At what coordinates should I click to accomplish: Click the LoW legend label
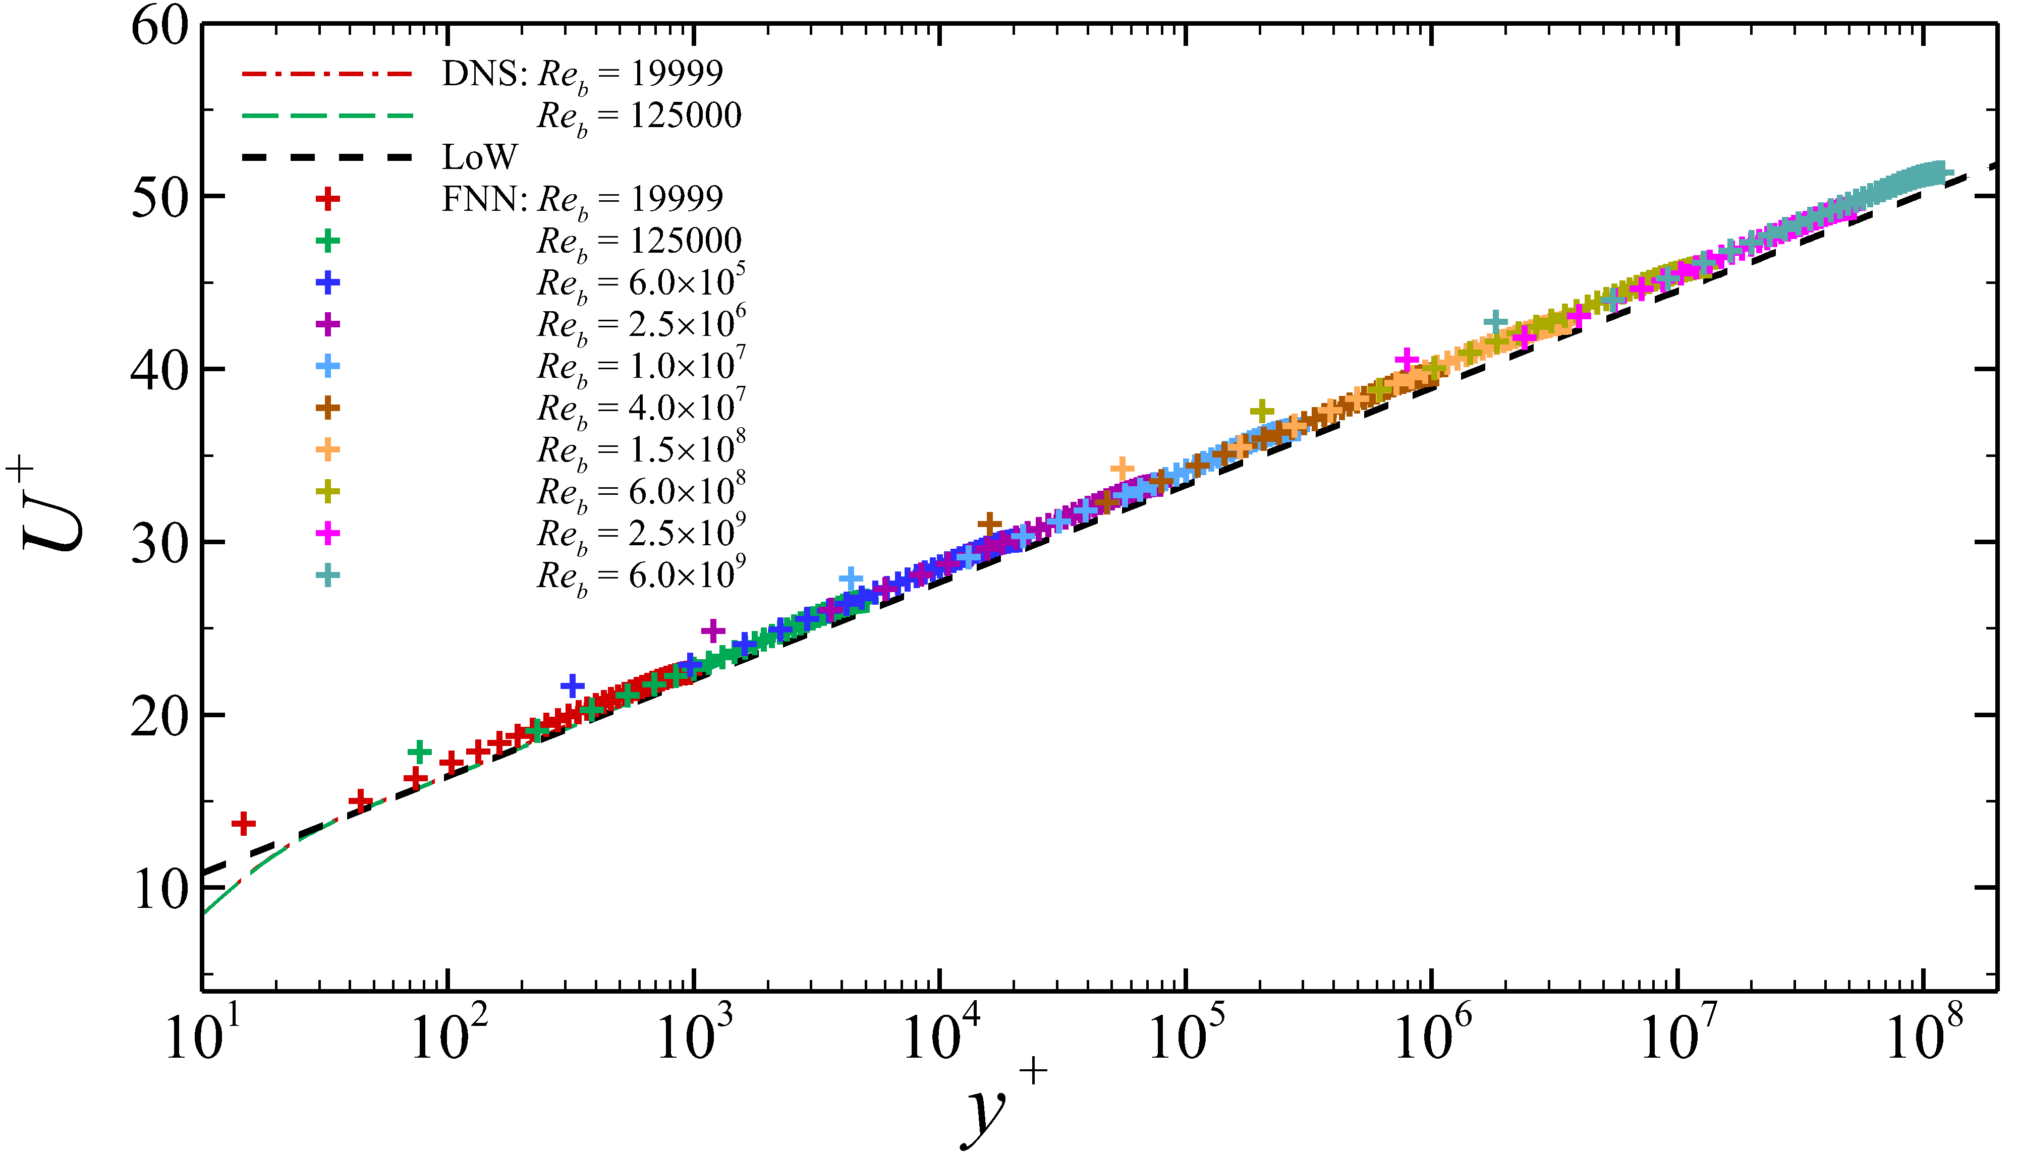(479, 157)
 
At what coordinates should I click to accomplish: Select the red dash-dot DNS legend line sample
(327, 74)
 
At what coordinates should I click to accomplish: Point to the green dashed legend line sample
(327, 116)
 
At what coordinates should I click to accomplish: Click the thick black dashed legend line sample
(327, 157)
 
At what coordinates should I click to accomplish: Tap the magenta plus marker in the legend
(327, 534)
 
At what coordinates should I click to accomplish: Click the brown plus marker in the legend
(327, 408)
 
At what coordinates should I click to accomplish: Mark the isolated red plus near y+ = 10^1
(243, 824)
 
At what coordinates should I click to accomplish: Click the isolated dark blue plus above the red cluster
(572, 686)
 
